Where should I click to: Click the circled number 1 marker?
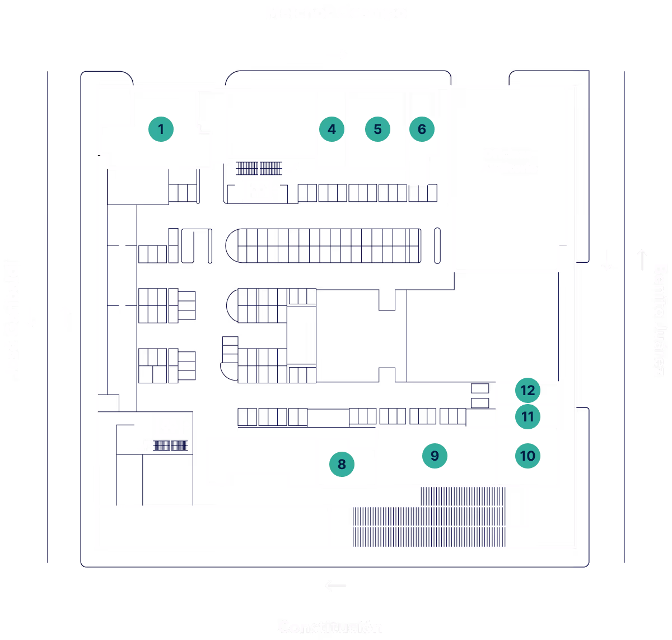coord(161,129)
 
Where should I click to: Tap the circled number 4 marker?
coord(332,129)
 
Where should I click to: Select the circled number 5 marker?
coord(377,129)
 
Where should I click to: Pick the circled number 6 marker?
coord(422,129)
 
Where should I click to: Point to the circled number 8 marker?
coord(342,464)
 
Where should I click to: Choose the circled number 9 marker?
coord(435,456)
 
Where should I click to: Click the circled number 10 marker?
coord(528,456)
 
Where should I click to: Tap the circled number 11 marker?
coord(528,416)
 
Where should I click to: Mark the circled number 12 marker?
coord(528,390)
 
